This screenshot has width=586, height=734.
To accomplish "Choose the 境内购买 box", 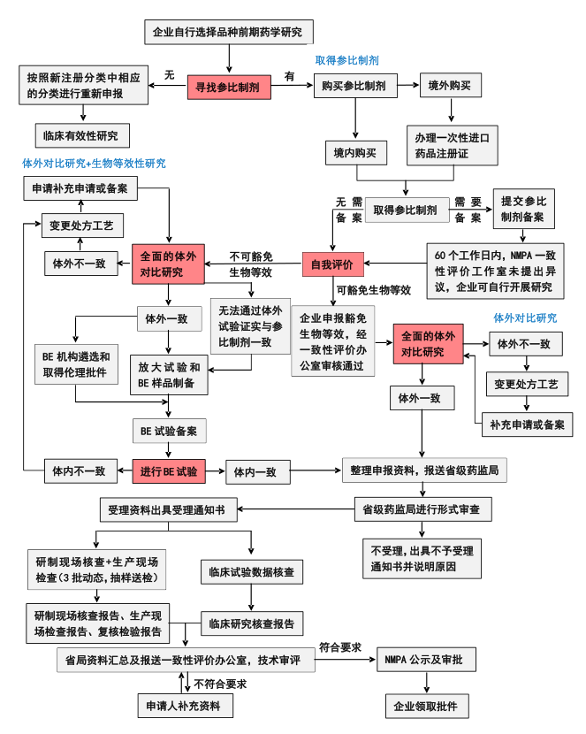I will pyautogui.click(x=355, y=153).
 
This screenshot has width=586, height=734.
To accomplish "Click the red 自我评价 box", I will pyautogui.click(x=331, y=264).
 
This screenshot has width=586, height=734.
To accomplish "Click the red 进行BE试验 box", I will pyautogui.click(x=169, y=471).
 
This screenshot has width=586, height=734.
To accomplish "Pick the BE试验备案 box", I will pyautogui.click(x=169, y=432).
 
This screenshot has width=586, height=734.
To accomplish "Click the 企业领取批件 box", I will pyautogui.click(x=427, y=707).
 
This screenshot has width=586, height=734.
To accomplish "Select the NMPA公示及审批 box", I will pyautogui.click(x=428, y=660).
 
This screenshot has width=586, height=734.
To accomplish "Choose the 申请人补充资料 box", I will pyautogui.click(x=186, y=707).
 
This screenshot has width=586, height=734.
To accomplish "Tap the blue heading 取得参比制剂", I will pyautogui.click(x=347, y=61).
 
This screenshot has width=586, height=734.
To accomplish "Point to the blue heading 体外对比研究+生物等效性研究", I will pyautogui.click(x=94, y=164).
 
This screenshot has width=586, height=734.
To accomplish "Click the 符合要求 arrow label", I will pyautogui.click(x=340, y=647).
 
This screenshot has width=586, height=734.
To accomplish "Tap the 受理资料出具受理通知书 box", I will pyautogui.click(x=165, y=510).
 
